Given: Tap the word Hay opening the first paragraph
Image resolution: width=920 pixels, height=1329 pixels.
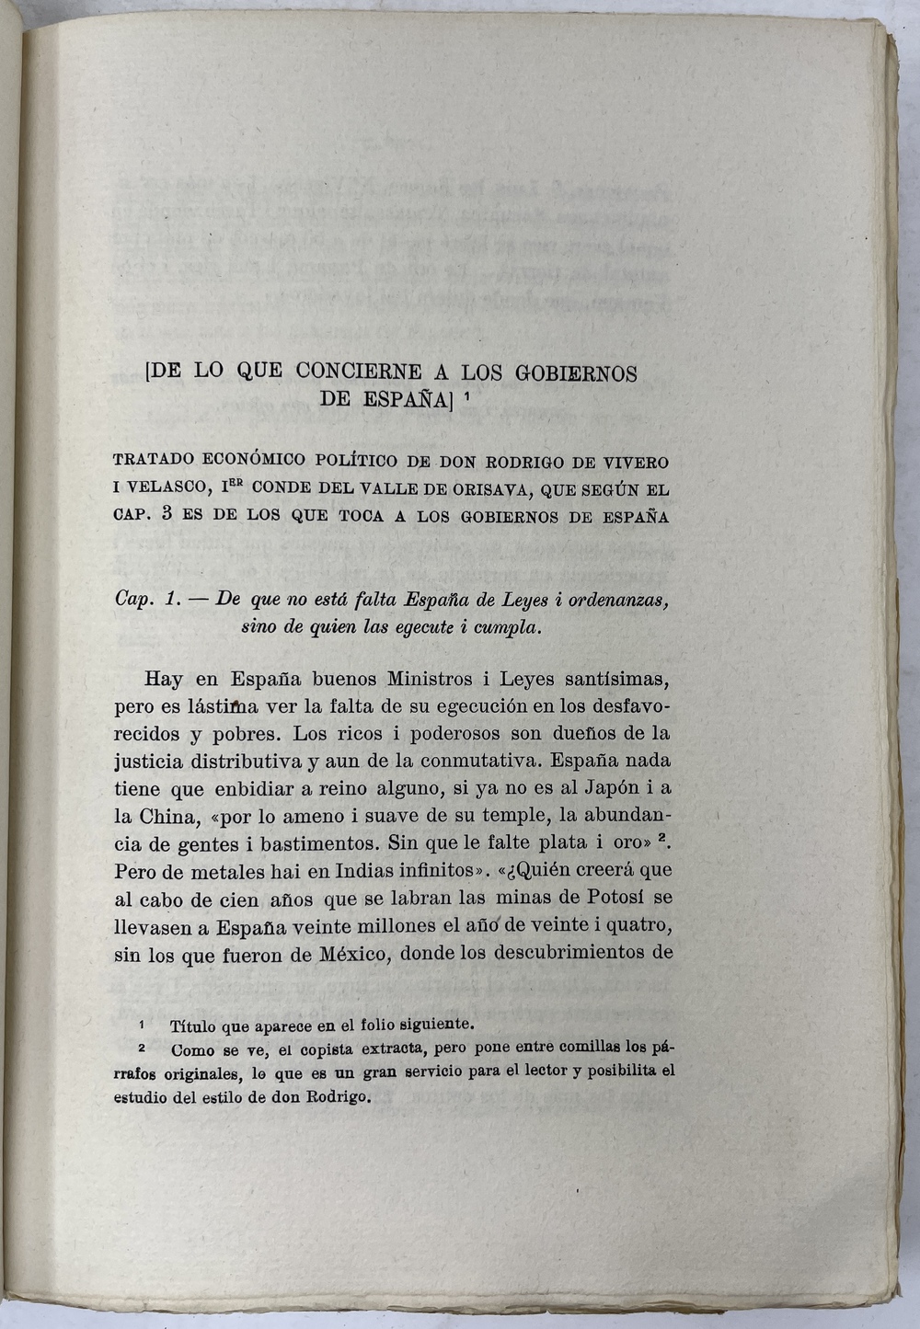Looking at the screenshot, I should [x=164, y=680].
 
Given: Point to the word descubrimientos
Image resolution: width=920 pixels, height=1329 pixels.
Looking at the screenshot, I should [x=566, y=952].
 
